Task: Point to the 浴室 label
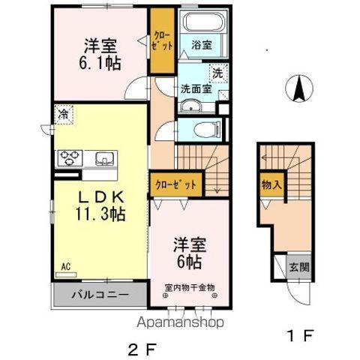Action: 201,44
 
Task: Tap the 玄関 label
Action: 297,267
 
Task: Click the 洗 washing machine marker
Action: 217,73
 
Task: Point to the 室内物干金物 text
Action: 190,286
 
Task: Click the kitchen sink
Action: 103,157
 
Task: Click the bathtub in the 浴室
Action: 200,25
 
